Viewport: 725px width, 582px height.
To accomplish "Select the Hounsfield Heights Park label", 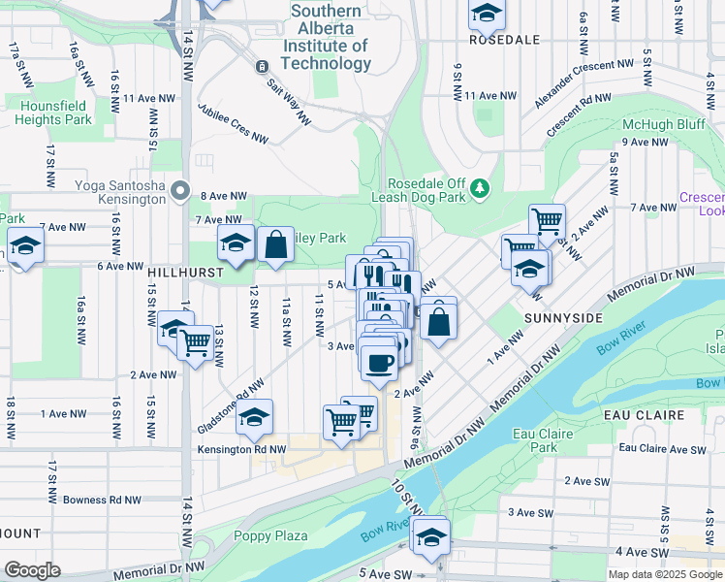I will [53, 112].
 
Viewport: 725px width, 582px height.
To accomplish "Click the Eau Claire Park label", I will [544, 441].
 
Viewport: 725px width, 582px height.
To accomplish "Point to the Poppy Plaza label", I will [270, 535].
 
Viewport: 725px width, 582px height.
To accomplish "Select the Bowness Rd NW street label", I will [102, 501].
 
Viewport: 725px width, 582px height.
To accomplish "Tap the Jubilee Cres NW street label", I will [233, 123].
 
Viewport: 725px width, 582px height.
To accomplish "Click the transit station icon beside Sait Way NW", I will [261, 67].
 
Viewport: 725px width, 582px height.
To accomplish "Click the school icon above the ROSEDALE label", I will [487, 13].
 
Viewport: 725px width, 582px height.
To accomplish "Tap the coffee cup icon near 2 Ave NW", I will [378, 363].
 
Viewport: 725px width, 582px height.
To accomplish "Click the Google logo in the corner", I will [32, 570].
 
